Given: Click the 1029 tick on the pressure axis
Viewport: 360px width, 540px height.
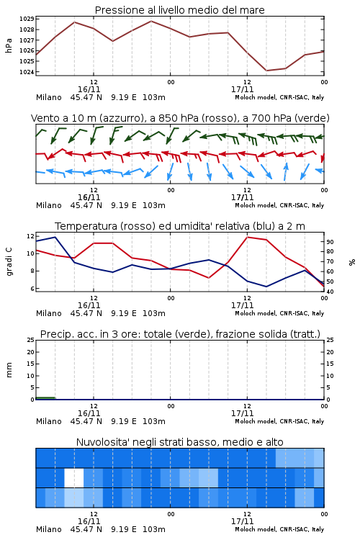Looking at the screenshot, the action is [27, 19].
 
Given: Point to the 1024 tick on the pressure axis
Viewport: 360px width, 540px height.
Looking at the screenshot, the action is [27, 72].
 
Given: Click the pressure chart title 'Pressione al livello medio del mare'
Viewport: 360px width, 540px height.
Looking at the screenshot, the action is [180, 10].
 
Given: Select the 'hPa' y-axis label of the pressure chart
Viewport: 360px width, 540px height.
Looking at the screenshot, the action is [9, 45].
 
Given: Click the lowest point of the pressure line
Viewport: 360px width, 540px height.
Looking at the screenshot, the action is [266, 71].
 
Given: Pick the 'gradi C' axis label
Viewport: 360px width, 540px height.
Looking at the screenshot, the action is [9, 262].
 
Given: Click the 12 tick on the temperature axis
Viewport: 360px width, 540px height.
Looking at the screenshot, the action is [30, 236].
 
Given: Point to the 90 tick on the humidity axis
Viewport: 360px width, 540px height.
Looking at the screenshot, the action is [330, 242].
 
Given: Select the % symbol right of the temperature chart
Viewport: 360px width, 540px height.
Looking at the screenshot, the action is [352, 262].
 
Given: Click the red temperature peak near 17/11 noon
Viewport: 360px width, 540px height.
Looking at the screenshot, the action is [248, 237].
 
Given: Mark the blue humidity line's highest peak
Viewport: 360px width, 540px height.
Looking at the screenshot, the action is [55, 237].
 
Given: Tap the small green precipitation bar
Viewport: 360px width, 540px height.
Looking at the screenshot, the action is [45, 398].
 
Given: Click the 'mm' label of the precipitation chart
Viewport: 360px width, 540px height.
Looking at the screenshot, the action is [9, 370].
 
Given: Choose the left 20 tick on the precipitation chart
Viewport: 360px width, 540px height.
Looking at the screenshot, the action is [30, 352].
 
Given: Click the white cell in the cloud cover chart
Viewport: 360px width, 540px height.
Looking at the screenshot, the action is [74, 477].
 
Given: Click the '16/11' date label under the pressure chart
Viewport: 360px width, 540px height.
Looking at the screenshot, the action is [89, 89].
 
